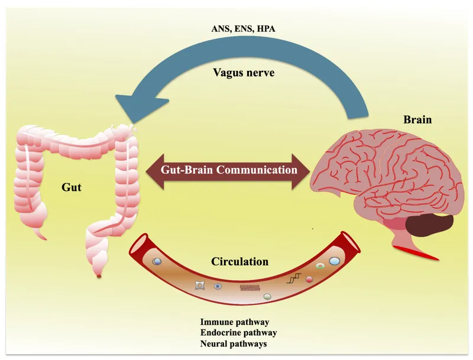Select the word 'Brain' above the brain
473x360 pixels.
[417, 119]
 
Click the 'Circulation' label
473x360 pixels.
[241, 261]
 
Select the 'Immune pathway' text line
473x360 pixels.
[235, 322]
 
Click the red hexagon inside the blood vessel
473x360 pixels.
[308, 278]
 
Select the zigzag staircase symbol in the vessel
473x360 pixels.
[293, 278]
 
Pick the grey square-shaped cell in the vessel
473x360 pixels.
[200, 286]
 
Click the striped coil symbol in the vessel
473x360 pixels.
[250, 288]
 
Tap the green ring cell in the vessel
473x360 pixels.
[320, 267]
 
